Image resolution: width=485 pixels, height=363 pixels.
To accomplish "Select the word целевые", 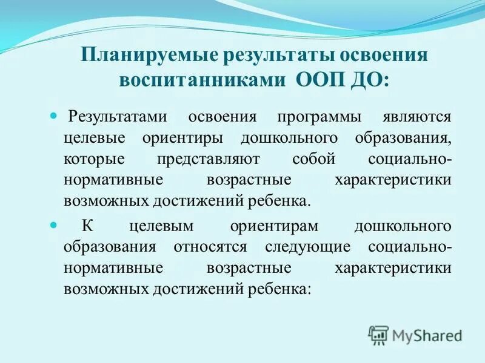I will (95, 137).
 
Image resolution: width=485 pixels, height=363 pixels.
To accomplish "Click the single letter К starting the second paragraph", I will (87, 226).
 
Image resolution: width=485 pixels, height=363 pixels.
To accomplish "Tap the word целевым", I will (160, 226).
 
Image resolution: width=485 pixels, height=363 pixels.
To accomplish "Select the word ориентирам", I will (269, 226).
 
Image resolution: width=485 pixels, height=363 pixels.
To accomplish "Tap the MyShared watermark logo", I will (415, 334).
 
